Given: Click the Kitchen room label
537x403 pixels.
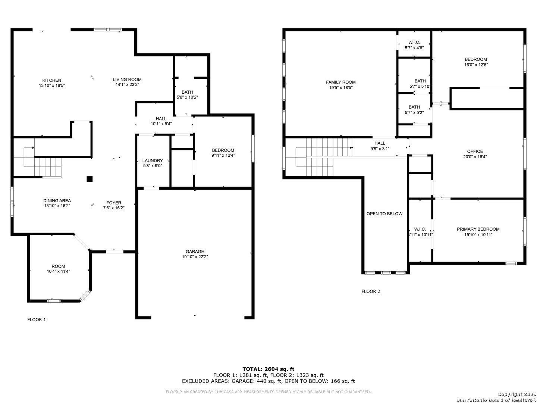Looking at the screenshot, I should click(51, 80).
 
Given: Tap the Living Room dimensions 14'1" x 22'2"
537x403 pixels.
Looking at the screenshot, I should click(127, 85).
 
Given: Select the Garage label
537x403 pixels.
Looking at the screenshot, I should click(195, 252).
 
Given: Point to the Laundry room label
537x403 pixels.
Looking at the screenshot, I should click(153, 160).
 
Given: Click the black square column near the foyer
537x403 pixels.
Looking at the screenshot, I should click(89, 179).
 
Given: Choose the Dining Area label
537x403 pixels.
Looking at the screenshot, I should click(57, 201).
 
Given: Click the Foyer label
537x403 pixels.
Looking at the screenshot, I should click(114, 203).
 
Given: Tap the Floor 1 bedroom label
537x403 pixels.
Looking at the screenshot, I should click(223, 150).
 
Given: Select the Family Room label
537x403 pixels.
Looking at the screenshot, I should click(340, 82).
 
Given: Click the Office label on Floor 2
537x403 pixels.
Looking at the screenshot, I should click(475, 151).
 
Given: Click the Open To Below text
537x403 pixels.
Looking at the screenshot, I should click(384, 214).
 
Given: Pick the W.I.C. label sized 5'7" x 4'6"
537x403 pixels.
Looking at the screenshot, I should click(414, 42).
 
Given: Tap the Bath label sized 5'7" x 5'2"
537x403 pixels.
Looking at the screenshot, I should click(414, 107).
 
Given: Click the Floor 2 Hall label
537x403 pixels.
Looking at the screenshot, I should click(380, 143).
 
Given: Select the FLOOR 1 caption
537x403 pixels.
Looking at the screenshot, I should click(37, 319).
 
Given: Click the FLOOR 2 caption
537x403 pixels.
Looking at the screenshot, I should click(371, 291).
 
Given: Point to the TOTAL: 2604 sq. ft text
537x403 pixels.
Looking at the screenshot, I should click(268, 369).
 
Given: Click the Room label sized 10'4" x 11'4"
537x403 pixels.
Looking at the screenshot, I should click(58, 266).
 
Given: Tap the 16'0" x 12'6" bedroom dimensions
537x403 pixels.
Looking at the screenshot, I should click(476, 65).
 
